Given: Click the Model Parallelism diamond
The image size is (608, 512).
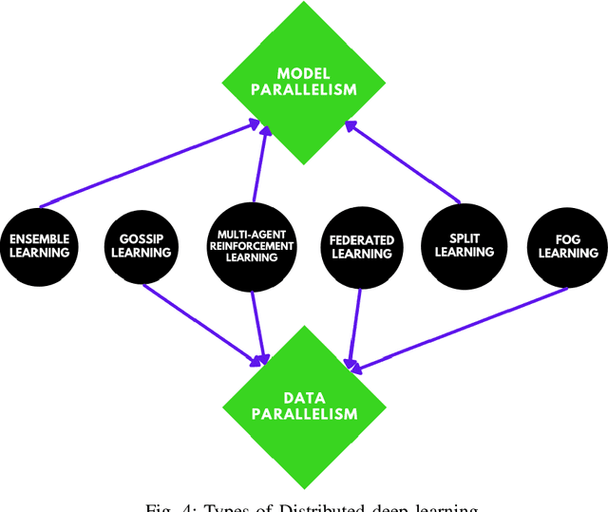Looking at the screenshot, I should (x=304, y=83).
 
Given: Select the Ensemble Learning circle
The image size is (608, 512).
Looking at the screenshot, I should (x=40, y=245).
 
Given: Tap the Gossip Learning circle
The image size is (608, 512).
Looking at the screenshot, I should (x=145, y=245).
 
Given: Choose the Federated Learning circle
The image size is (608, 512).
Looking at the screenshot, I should (x=360, y=245).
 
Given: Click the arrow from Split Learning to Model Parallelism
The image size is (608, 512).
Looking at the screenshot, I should (x=404, y=162).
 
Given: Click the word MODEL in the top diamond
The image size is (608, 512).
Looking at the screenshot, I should (x=304, y=73).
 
